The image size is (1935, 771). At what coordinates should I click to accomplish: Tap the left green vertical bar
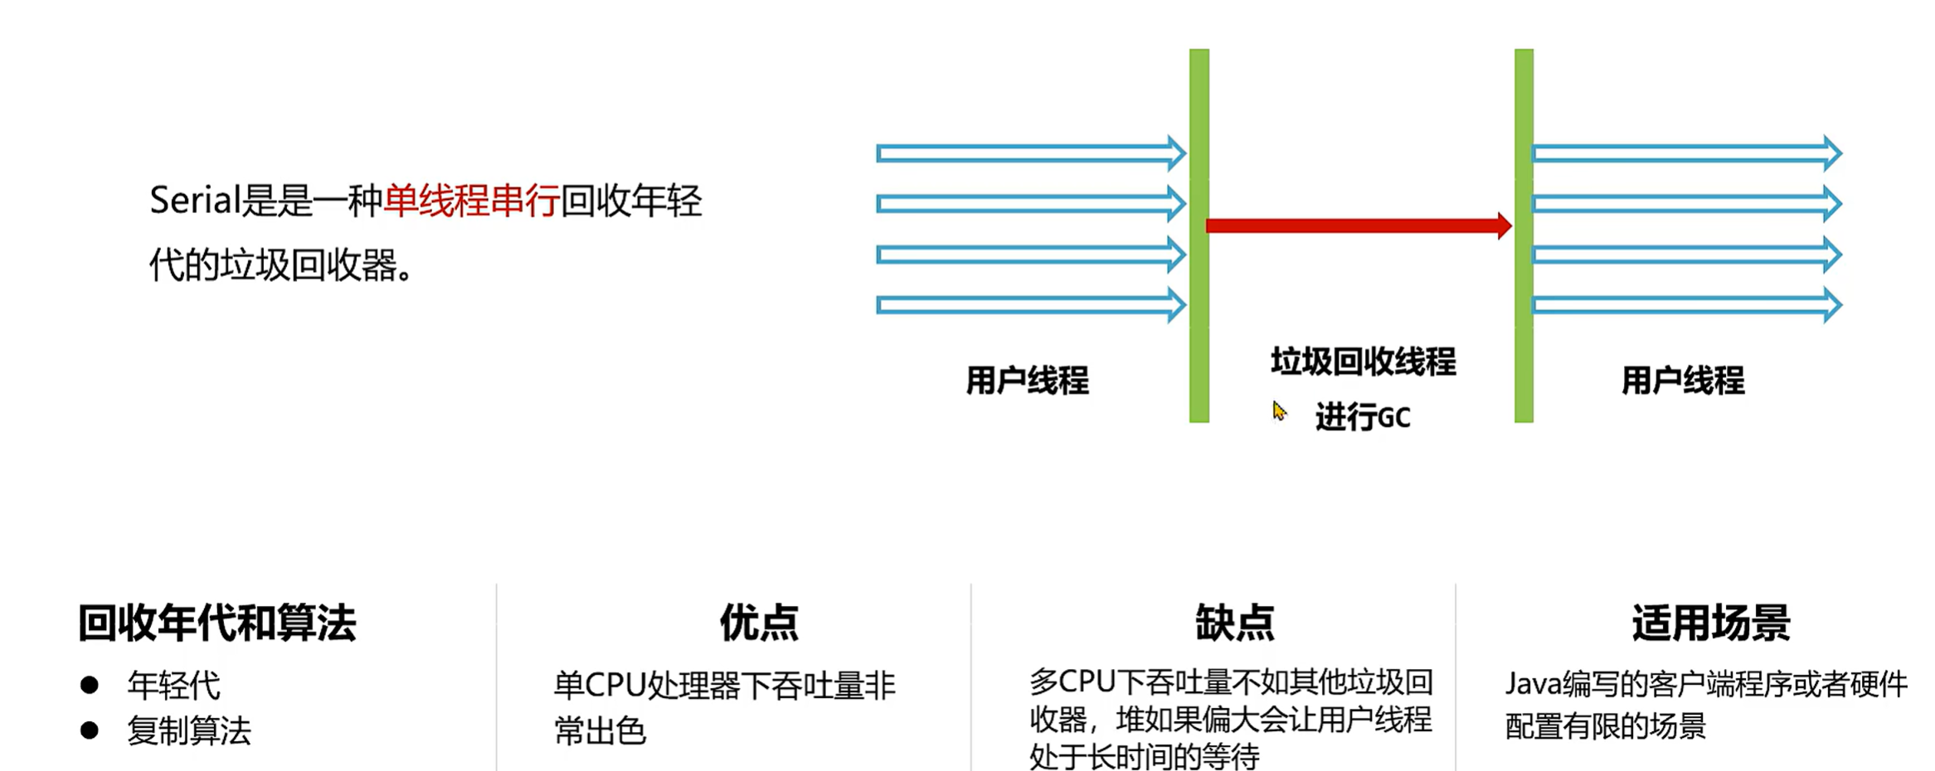pyautogui.click(x=1198, y=236)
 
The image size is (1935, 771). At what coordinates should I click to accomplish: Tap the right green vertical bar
pyautogui.click(x=1524, y=236)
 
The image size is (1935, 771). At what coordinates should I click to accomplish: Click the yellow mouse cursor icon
pyautogui.click(x=1279, y=411)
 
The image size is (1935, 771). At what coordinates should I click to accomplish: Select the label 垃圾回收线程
pyautogui.click(x=1363, y=362)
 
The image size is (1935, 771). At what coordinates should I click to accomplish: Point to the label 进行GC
pyautogui.click(x=1362, y=417)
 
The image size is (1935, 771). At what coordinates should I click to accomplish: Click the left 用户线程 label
pyautogui.click(x=1027, y=381)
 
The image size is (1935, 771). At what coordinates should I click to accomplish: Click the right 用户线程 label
pyautogui.click(x=1683, y=381)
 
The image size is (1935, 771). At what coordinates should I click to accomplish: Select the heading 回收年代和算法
pyautogui.click(x=216, y=623)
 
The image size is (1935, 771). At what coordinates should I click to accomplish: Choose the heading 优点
pyautogui.click(x=759, y=623)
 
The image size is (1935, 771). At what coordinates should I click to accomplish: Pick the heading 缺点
pyautogui.click(x=1234, y=623)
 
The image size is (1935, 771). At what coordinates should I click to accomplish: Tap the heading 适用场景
pyautogui.click(x=1710, y=623)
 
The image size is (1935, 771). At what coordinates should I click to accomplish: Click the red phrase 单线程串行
pyautogui.click(x=471, y=201)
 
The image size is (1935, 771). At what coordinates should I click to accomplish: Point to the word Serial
pyautogui.click(x=194, y=201)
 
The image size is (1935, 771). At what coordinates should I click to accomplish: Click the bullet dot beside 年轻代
pyautogui.click(x=90, y=685)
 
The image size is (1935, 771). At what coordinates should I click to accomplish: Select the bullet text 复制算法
pyautogui.click(x=188, y=730)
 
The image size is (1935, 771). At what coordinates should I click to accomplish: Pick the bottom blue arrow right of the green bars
pyautogui.click(x=1686, y=305)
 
